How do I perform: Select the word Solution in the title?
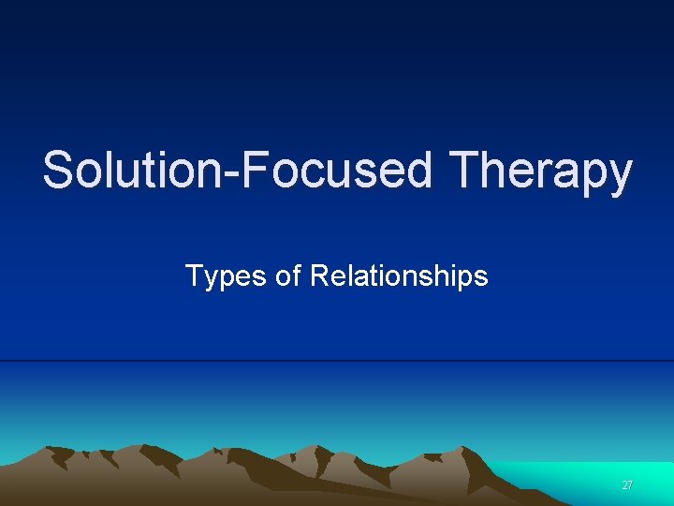[x=130, y=171]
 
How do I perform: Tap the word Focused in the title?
[x=336, y=171]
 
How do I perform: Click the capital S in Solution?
[x=58, y=171]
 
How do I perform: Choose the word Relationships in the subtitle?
[x=399, y=276]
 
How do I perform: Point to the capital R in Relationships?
[x=318, y=275]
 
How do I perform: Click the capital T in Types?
[x=193, y=275]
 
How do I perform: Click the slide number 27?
[x=627, y=485]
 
